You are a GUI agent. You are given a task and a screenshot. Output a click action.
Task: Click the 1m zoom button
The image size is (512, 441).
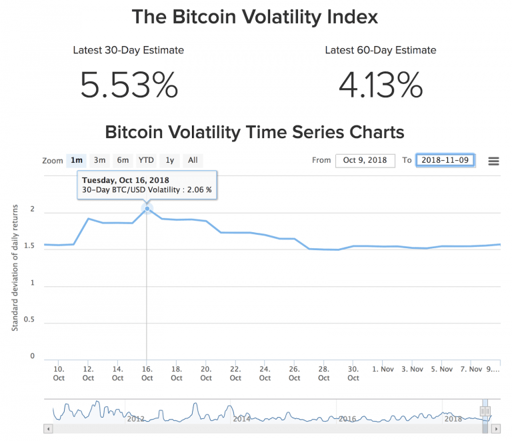(77, 160)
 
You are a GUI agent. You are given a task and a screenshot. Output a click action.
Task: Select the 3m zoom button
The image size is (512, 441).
(99, 160)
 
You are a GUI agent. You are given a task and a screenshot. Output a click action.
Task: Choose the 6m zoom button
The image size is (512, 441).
(123, 160)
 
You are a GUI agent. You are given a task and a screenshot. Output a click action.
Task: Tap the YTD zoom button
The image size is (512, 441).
(146, 160)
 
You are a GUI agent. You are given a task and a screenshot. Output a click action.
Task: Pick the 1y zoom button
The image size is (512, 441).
(170, 160)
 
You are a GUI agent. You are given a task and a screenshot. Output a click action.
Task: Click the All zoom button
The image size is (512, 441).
(193, 160)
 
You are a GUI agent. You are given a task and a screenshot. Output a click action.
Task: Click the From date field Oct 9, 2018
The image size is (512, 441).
(365, 161)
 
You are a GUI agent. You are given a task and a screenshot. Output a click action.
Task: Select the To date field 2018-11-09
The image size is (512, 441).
(445, 161)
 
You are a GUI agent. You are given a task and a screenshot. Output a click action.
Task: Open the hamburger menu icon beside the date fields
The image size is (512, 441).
(493, 161)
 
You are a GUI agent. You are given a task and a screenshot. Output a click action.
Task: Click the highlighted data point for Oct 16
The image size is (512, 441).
(147, 209)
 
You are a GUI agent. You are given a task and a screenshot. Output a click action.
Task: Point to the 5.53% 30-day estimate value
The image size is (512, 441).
(129, 85)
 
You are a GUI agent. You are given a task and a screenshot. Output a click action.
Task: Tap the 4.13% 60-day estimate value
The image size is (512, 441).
(381, 85)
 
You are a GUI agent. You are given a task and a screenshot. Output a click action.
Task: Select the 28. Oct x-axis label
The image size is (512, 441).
(323, 373)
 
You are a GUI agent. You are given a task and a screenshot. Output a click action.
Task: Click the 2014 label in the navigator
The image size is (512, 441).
(241, 419)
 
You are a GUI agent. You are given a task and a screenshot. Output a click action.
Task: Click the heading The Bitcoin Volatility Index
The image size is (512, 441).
(255, 17)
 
